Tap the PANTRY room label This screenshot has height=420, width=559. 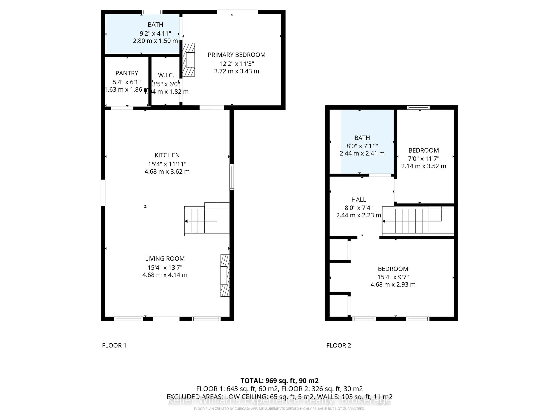point(127,73)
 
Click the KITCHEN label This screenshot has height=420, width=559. point(167,155)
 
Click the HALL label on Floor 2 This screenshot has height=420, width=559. point(358,199)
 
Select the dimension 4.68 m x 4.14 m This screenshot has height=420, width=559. point(165,275)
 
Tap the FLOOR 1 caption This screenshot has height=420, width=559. point(114,345)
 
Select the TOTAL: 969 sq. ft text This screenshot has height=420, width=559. point(279,381)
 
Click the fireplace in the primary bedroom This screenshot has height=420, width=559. point(189,60)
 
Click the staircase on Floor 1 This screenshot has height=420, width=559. point(207,219)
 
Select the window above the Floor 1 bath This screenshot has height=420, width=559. point(152,12)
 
